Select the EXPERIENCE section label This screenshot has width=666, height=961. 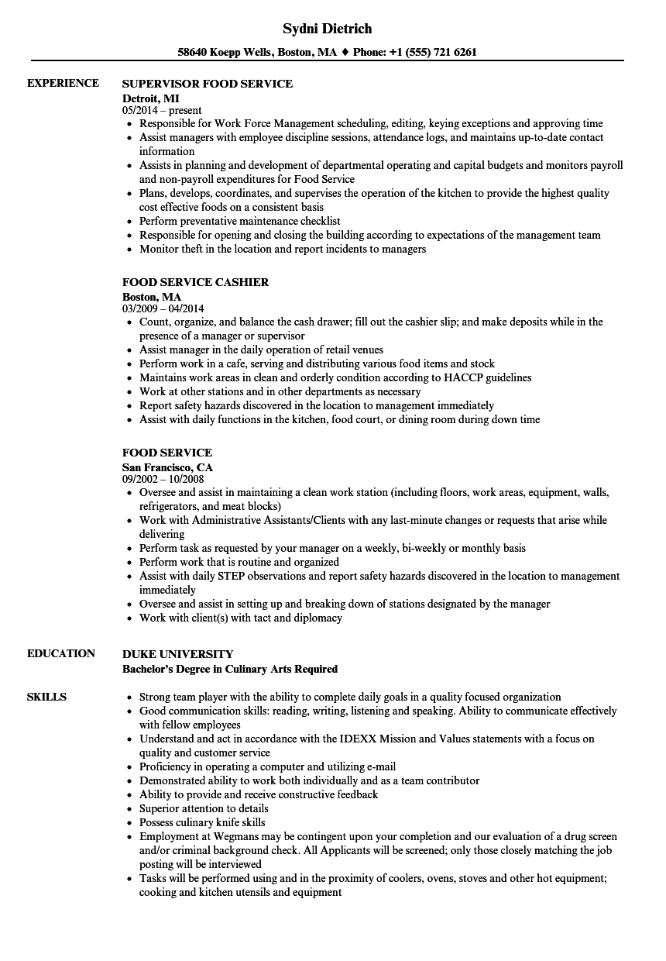[63, 83]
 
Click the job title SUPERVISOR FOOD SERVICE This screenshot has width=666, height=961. [208, 83]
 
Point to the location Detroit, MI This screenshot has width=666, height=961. [151, 98]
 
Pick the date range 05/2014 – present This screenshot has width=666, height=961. [162, 111]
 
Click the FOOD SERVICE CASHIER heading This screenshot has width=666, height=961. [196, 282]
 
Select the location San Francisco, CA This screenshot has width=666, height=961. [167, 467]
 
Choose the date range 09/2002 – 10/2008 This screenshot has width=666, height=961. [163, 480]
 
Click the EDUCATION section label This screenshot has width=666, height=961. [61, 653]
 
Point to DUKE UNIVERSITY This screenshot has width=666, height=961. [178, 654]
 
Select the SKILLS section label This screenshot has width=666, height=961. [46, 697]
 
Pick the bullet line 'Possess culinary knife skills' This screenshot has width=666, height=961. [202, 822]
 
